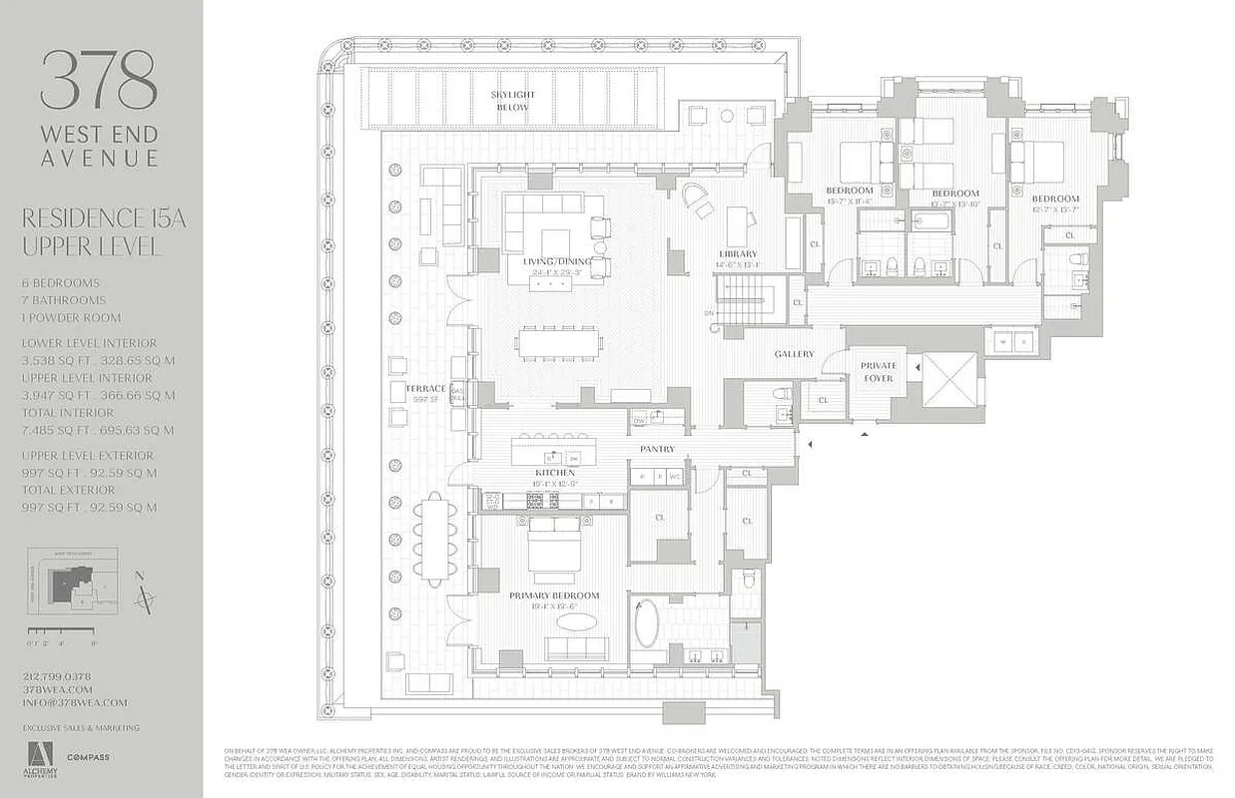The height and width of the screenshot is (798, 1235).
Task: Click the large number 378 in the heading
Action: point(99,80)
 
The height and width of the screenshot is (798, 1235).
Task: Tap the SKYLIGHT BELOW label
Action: point(513,101)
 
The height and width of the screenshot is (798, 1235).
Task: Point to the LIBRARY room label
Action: point(738,254)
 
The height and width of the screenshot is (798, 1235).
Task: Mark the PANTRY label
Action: point(658,450)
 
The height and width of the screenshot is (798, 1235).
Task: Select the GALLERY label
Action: point(794,354)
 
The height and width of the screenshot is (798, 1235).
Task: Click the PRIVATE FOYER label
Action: point(879,372)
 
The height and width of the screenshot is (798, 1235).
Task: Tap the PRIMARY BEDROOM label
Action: point(554,596)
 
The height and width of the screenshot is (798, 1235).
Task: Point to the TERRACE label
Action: point(425,387)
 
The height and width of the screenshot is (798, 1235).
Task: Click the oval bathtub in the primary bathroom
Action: point(647,623)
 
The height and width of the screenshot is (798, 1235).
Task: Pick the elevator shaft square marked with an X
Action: point(950,379)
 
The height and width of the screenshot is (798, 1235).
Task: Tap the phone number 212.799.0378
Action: point(57,676)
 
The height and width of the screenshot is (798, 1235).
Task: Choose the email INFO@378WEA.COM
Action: point(75,702)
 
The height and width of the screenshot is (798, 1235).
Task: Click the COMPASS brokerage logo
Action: point(89,757)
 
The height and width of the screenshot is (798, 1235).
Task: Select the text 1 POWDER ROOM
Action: point(71,317)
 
